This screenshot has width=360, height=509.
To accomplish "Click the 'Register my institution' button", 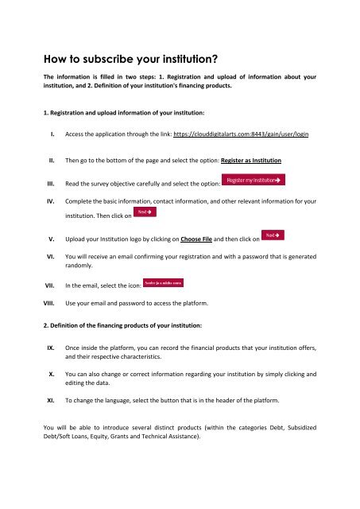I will click(253, 181).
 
